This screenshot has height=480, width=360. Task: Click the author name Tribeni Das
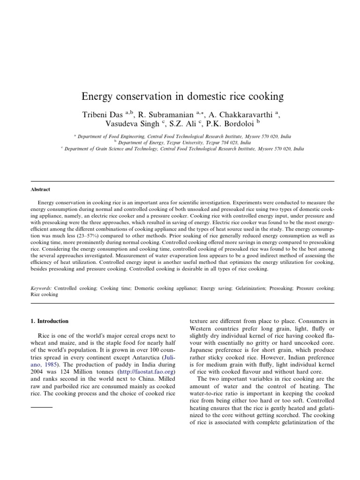click(x=97, y=115)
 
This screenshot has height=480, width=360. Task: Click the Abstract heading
click(x=40, y=189)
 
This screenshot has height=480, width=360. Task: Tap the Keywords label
click(x=41, y=288)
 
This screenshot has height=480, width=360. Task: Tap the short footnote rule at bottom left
click(x=41, y=406)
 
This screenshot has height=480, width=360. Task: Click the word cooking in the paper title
click(x=266, y=97)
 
